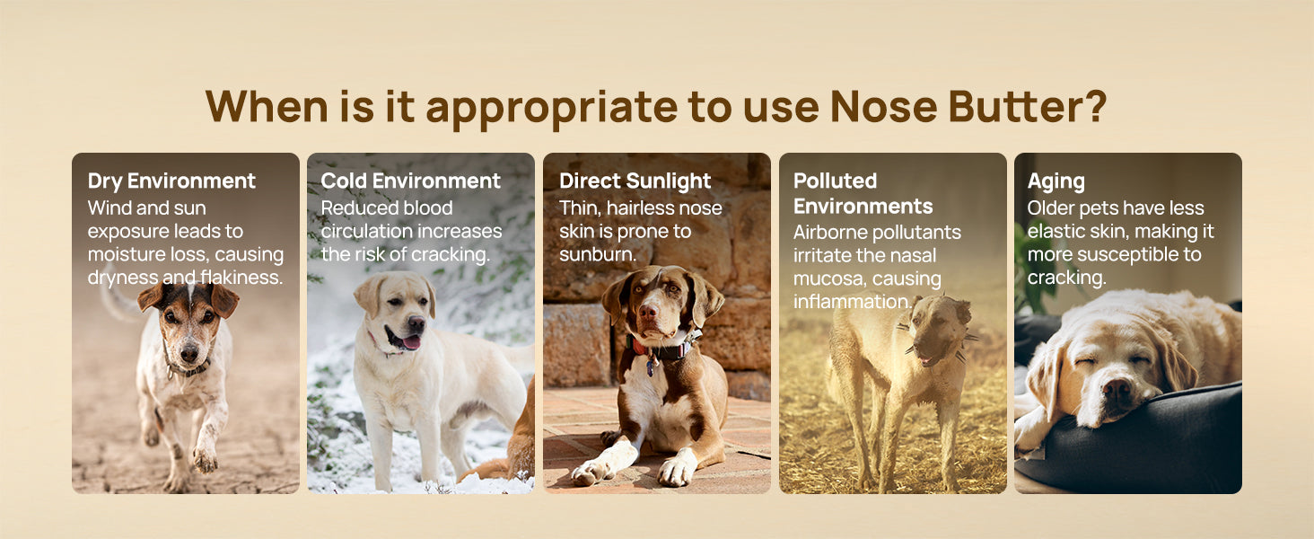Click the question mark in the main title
tap(1093, 106)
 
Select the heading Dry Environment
tap(171, 181)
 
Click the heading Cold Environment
tap(411, 181)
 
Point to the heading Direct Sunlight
tap(635, 181)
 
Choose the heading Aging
tap(1056, 181)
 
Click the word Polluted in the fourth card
tap(835, 181)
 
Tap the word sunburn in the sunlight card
tap(597, 254)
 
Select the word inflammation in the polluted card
tap(852, 301)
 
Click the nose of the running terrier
tap(188, 353)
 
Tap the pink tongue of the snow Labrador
tap(410, 341)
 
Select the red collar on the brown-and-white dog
tap(663, 350)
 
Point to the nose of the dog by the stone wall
tap(648, 311)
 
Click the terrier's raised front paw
tap(205, 459)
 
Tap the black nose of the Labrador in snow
tap(416, 323)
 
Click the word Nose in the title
tap(883, 106)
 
